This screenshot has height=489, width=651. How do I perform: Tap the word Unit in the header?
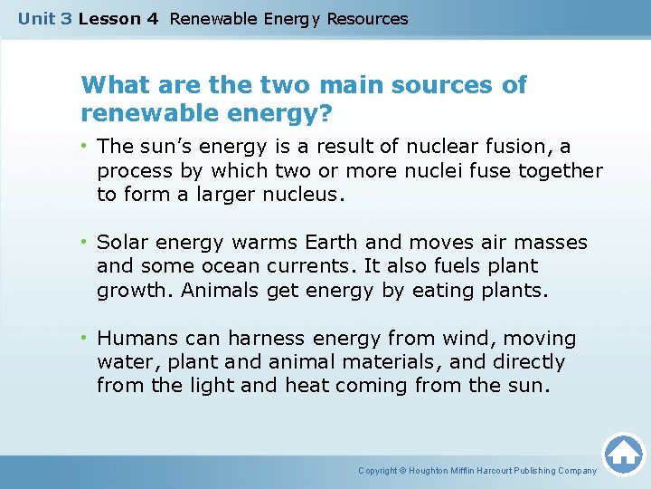pos(36,18)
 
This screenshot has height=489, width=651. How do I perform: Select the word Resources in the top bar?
pos(367,18)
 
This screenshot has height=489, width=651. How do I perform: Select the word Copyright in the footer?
pos(379,471)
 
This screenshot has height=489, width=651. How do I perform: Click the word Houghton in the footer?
pos(434,471)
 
